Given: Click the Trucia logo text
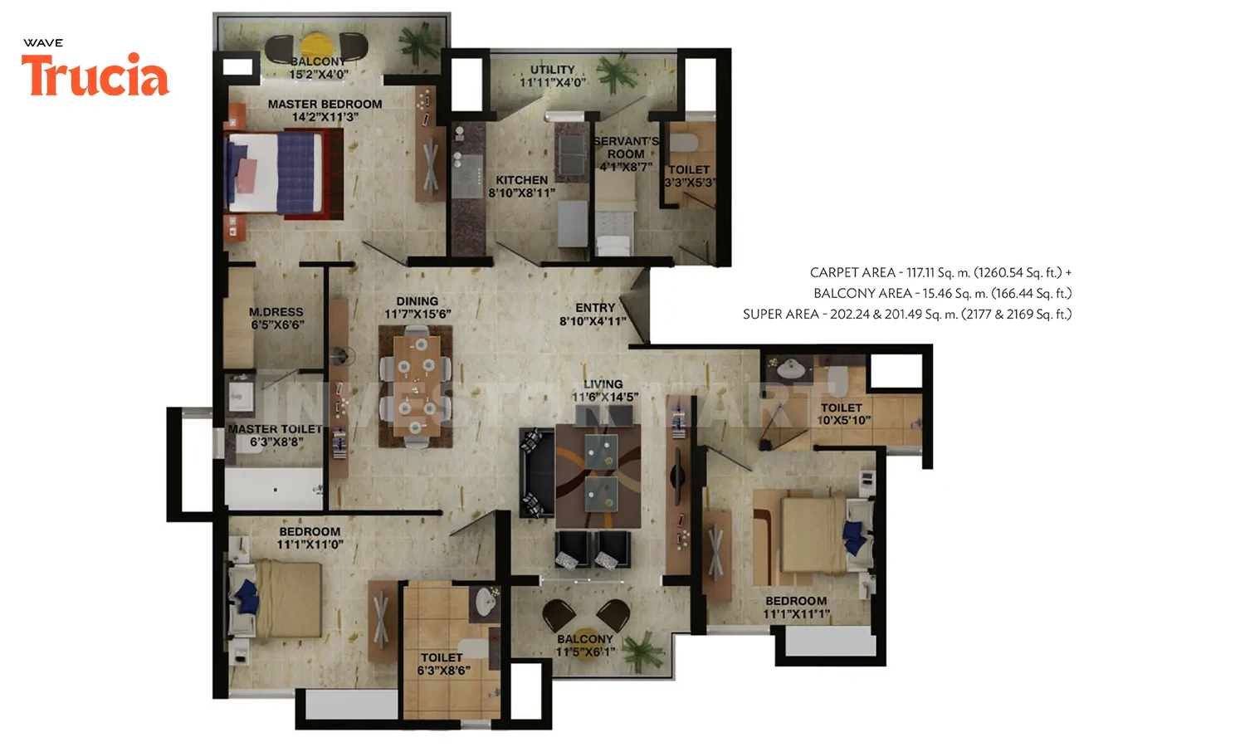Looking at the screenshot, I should coord(95,76).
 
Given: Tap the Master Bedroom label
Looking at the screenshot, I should coord(325,110).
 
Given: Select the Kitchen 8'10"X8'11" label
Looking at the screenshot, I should coord(521,186).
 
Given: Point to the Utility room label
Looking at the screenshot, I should coord(552,76).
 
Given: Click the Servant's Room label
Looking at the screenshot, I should coord(626,154).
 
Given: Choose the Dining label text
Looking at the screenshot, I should coord(417,307).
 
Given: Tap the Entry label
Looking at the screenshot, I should coord(594,314).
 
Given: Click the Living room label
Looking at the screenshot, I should coord(603,390).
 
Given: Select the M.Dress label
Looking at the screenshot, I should coord(276,318).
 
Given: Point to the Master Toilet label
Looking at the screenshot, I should coord(276,435).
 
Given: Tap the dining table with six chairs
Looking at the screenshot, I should coord(415,387).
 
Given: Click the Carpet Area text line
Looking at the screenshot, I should coord(940,272).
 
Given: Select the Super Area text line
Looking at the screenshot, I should coord(907,314).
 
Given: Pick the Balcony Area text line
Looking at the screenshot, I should coord(942,293).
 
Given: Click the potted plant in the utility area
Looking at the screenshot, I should coord(616,73).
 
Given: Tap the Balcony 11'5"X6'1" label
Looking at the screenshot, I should coord(585,645).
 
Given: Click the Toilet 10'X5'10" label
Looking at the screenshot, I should coord(842,413).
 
